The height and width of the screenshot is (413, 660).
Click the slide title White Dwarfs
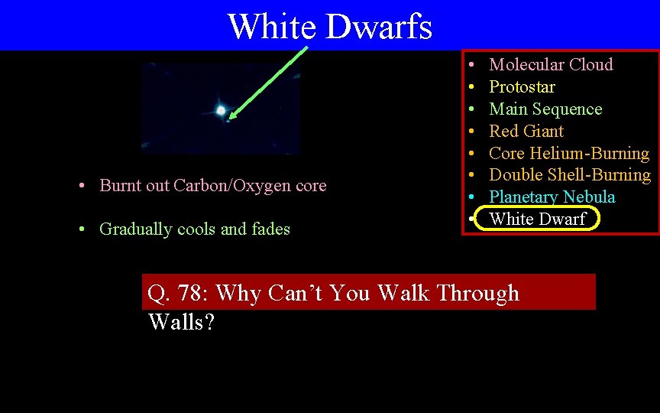(x=329, y=27)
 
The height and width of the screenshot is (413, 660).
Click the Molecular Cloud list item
(x=551, y=65)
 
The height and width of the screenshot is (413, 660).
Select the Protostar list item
(x=522, y=87)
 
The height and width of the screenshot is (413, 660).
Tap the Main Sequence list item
(x=545, y=109)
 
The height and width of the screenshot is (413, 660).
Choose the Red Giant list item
(x=526, y=132)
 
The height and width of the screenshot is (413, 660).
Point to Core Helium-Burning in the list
(x=569, y=154)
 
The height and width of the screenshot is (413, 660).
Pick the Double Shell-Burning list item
(x=570, y=175)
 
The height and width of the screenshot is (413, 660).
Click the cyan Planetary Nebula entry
(x=552, y=197)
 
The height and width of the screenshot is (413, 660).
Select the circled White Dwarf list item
(x=537, y=220)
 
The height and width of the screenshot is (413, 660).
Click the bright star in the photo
(x=221, y=111)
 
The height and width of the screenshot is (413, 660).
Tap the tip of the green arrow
(x=229, y=119)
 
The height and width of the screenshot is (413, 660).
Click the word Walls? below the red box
(x=182, y=322)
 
